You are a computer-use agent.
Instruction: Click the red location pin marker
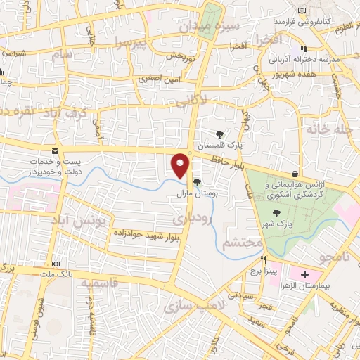tap(181, 165)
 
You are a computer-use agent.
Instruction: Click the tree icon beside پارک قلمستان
tap(220, 134)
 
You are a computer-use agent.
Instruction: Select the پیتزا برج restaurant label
tap(267, 270)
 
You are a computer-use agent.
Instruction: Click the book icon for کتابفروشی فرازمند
tap(302, 11)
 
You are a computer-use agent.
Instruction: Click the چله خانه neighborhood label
tap(328, 130)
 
